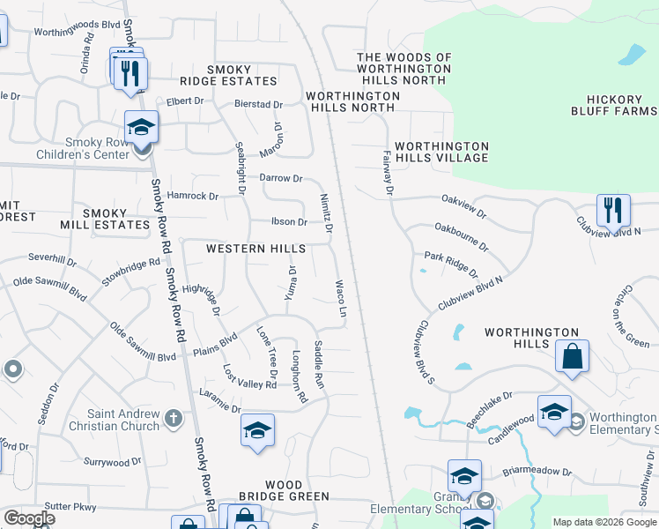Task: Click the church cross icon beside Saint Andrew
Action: (x=174, y=417)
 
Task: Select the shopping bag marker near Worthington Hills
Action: (x=572, y=357)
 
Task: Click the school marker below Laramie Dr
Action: (x=256, y=430)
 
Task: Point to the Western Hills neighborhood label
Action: (x=255, y=250)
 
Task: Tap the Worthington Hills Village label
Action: (x=441, y=152)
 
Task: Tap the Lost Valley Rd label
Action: (x=250, y=377)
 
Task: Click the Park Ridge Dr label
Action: (x=450, y=263)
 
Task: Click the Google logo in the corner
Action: (x=29, y=518)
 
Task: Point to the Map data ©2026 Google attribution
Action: (x=603, y=522)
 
